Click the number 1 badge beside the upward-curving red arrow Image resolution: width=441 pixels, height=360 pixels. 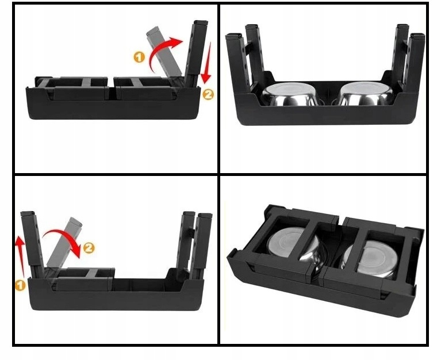pos(139,57)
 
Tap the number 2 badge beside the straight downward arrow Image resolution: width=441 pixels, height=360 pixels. pos(208,94)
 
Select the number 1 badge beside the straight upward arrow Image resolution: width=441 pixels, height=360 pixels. pos(20,285)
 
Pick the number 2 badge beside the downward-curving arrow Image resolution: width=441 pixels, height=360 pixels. pos(89,248)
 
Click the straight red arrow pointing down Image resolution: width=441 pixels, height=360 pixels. pos(208,63)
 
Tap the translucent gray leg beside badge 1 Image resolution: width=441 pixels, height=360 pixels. pos(164,53)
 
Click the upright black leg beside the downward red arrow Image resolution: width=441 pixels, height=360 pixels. pos(197,52)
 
